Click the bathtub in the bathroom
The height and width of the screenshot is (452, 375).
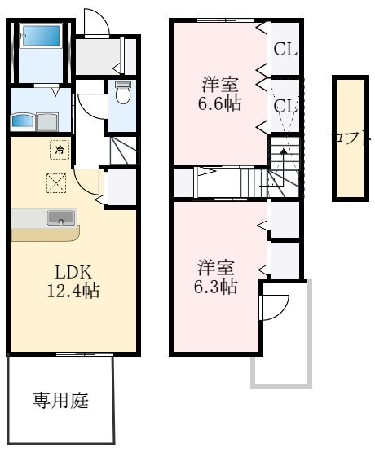(x=40, y=37)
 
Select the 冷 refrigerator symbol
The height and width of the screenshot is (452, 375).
(x=59, y=149)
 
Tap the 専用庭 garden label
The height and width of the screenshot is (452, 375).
(x=60, y=400)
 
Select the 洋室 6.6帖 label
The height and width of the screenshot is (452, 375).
(x=221, y=94)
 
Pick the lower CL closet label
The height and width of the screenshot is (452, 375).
(x=285, y=106)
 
